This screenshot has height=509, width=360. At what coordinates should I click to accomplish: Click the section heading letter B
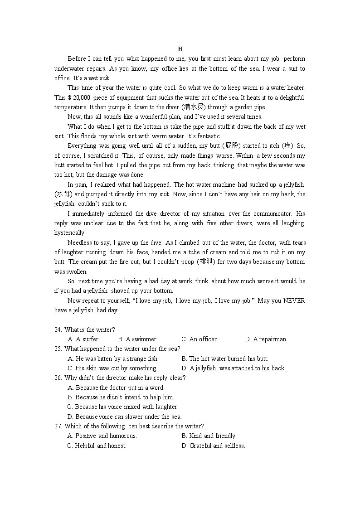pos(180,49)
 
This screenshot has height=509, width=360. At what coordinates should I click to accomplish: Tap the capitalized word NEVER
pos(295,301)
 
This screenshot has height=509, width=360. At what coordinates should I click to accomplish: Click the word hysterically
pos(70,233)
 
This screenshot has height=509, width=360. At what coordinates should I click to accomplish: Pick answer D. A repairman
pos(266,339)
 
